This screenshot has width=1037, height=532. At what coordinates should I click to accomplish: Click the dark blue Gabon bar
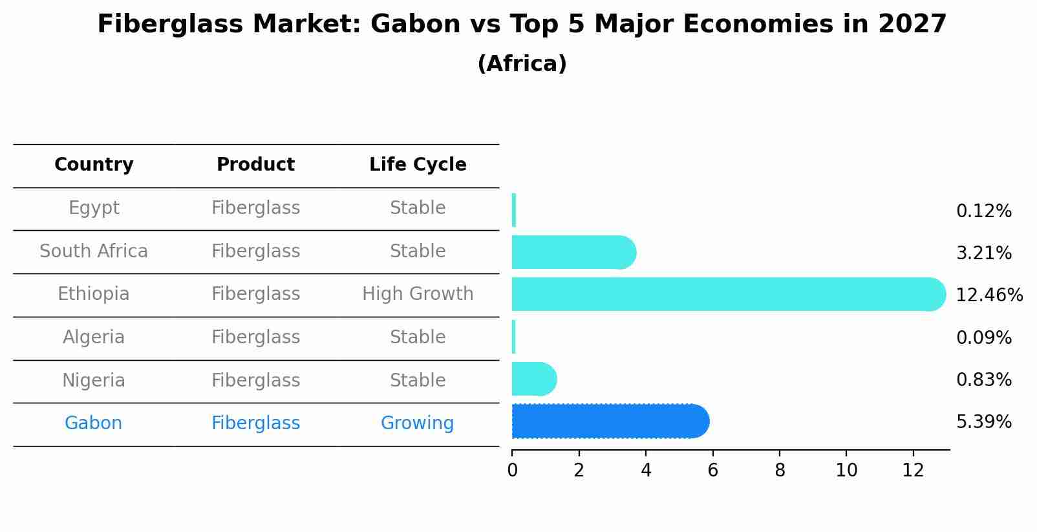[x=610, y=421]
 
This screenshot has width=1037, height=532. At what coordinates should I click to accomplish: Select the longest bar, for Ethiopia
[x=729, y=294]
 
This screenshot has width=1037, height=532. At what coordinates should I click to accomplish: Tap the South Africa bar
[x=574, y=252]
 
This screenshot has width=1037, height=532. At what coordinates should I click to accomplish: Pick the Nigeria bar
[x=534, y=379]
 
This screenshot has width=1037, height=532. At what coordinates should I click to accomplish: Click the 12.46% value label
[x=989, y=295]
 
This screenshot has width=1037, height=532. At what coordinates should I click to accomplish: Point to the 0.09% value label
[x=984, y=337]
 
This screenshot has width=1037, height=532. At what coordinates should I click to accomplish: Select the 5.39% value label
[x=984, y=422]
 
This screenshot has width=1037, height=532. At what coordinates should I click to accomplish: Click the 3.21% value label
[x=984, y=253]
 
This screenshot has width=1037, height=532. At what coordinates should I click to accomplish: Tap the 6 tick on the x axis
[x=713, y=470]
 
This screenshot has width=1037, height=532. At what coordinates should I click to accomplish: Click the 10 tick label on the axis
[x=846, y=470]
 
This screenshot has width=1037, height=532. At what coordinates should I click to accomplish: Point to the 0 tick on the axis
[x=513, y=470]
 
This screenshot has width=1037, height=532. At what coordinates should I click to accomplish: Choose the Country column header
[x=94, y=164]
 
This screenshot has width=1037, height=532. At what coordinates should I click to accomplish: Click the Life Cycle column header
[x=418, y=164]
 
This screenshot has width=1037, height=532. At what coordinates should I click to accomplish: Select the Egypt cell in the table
[x=94, y=208]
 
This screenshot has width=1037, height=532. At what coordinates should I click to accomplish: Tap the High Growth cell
[x=418, y=294]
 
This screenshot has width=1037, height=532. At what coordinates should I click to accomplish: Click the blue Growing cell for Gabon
[x=417, y=423]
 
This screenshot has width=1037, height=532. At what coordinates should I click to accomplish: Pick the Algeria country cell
[x=94, y=337]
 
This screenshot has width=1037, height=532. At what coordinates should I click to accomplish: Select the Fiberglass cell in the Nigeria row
[x=255, y=380]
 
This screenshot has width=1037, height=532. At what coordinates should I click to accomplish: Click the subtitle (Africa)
[x=522, y=63]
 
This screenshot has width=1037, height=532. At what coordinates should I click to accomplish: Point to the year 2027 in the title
[x=912, y=24]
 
